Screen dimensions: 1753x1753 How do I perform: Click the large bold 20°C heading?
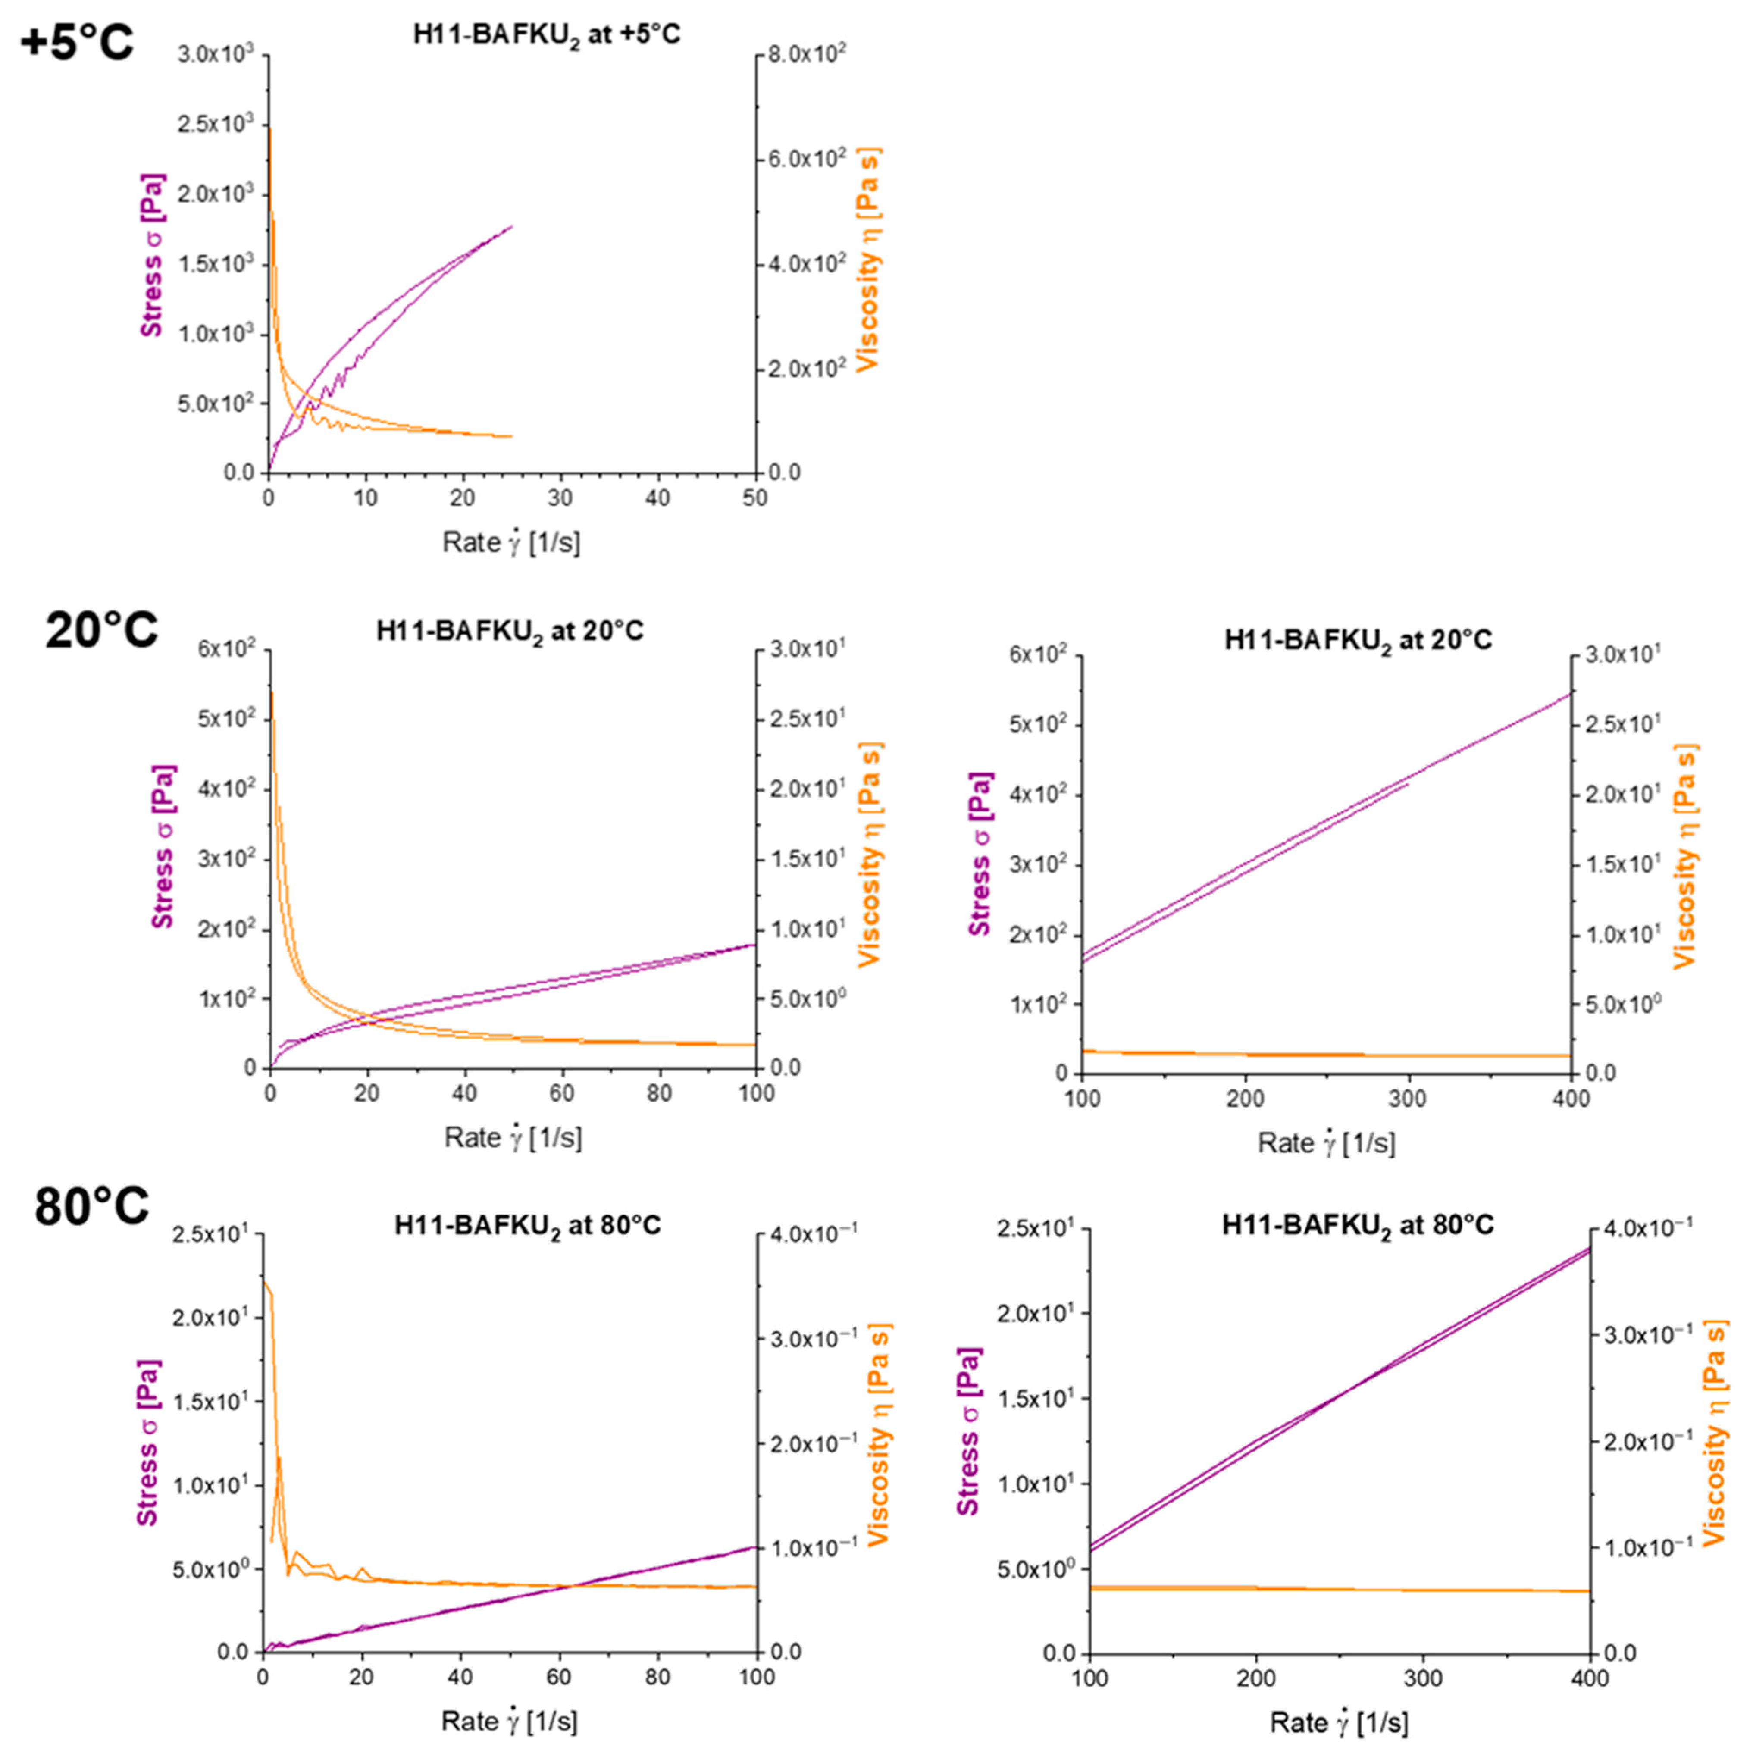(x=102, y=629)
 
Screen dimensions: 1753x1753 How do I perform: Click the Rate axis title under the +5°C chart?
(x=511, y=543)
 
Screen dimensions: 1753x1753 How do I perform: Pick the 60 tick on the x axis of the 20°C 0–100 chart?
(x=562, y=1092)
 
